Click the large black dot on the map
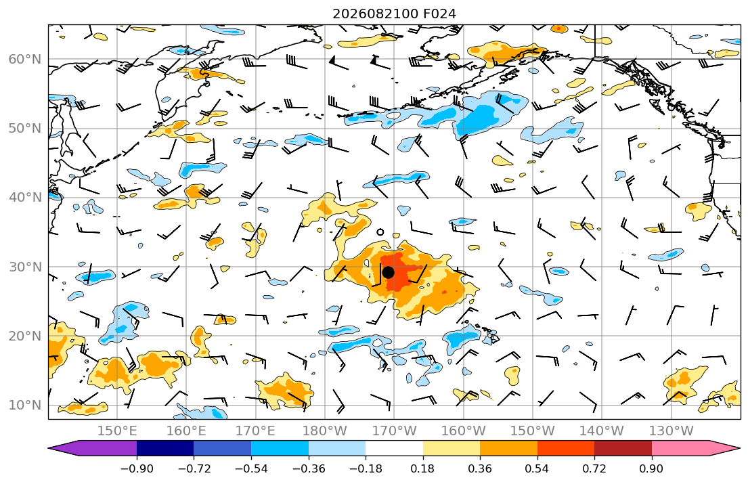[389, 273]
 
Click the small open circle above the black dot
[380, 232]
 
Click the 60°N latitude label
[25, 59]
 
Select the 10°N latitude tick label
[25, 406]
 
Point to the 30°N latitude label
[25, 267]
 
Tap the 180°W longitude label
[325, 431]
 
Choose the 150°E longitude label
[117, 431]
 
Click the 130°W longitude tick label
[672, 431]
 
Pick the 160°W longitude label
[463, 431]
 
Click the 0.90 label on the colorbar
[651, 468]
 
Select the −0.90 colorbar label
[137, 468]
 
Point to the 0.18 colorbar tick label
[422, 468]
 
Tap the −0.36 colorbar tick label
[308, 468]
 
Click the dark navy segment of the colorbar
[165, 448]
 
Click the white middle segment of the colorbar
[394, 448]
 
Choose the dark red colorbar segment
[623, 448]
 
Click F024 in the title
[439, 14]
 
